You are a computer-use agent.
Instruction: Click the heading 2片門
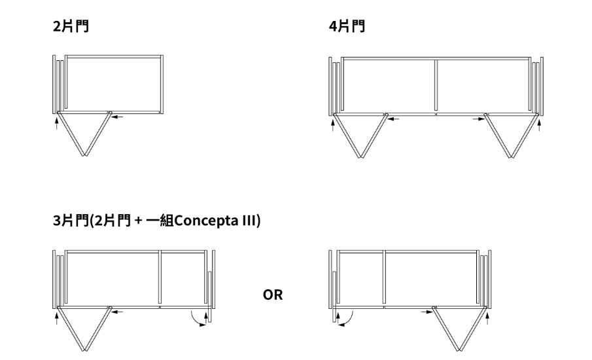pyautogui.click(x=71, y=26)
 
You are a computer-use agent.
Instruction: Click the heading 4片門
pyautogui.click(x=347, y=26)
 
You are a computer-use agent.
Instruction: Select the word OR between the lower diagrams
pyautogui.click(x=273, y=295)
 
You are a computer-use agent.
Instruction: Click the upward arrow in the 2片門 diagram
pyautogui.click(x=57, y=123)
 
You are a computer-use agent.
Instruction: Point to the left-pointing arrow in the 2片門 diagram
pyautogui.click(x=118, y=117)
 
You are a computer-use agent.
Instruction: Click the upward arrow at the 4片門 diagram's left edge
pyautogui.click(x=332, y=125)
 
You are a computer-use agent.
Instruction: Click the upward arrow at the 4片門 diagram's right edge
pyautogui.click(x=539, y=125)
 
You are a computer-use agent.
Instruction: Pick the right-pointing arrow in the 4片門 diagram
pyautogui.click(x=479, y=119)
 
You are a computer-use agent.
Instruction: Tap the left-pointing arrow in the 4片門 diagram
pyautogui.click(x=394, y=119)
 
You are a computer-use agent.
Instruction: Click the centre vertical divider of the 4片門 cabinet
pyautogui.click(x=436, y=85)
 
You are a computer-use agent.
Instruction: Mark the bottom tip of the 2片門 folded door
pyautogui.click(x=85, y=156)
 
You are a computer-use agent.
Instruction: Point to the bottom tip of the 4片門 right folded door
pyautogui.click(x=512, y=157)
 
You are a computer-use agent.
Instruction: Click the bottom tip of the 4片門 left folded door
pyautogui.click(x=361, y=157)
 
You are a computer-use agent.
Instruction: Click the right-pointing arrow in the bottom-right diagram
pyautogui.click(x=427, y=312)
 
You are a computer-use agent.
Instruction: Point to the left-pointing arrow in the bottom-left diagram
pyautogui.click(x=118, y=312)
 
